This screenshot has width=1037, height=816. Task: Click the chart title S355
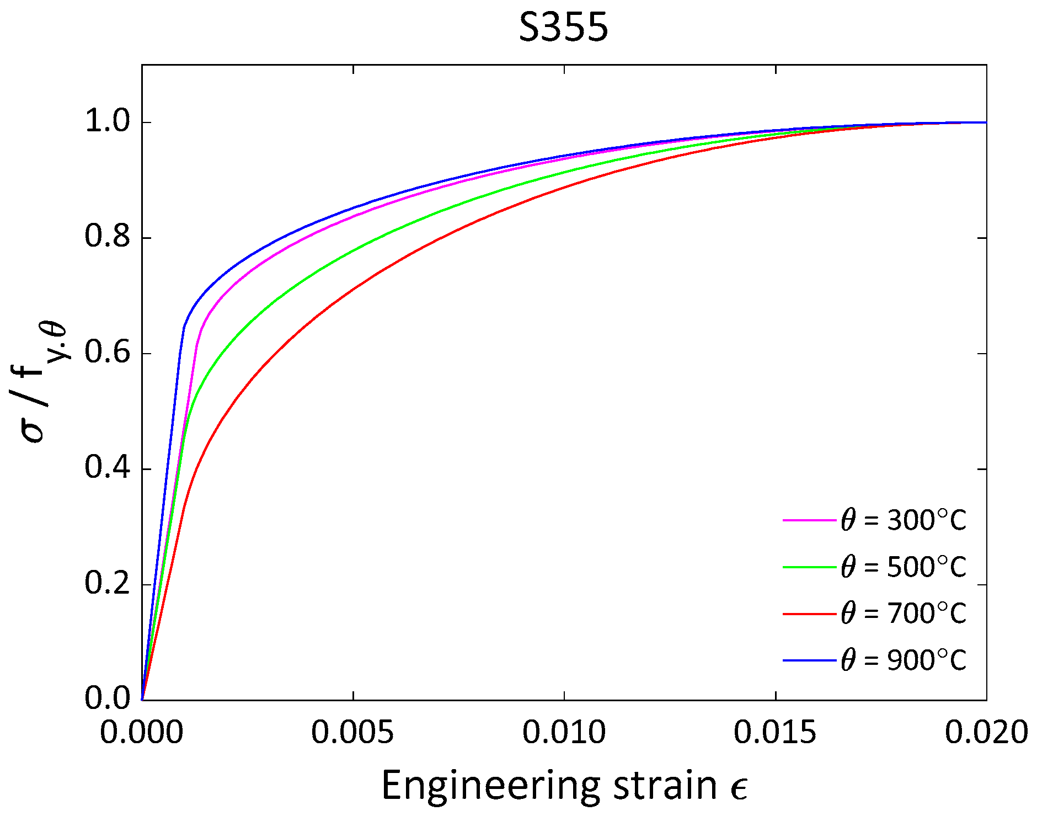pyautogui.click(x=563, y=28)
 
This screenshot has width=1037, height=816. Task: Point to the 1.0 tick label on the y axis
pyautogui.click(x=107, y=121)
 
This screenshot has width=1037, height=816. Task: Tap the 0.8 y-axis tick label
pyautogui.click(x=107, y=237)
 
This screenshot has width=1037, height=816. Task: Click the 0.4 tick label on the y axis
pyautogui.click(x=107, y=468)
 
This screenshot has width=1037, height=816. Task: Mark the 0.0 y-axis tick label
pyautogui.click(x=107, y=698)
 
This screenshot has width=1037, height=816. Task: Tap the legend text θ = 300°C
pyautogui.click(x=904, y=520)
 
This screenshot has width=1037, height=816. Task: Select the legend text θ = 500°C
pyautogui.click(x=904, y=567)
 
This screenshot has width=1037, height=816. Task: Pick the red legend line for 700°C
pyautogui.click(x=809, y=614)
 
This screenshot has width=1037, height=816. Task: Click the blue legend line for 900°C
pyautogui.click(x=809, y=660)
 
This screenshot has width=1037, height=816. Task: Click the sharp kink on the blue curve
pyautogui.click(x=184, y=327)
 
